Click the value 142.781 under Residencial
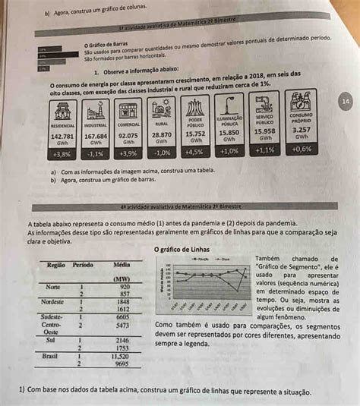(62, 137)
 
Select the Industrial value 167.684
(96, 137)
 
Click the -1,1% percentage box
(96, 153)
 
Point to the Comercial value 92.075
(128, 136)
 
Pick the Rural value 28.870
(162, 134)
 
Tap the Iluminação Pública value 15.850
(229, 132)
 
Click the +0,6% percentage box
(302, 149)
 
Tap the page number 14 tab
(346, 101)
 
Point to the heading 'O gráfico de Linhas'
(183, 249)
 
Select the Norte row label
(53, 288)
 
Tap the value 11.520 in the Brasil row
(120, 355)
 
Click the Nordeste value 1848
(123, 302)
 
